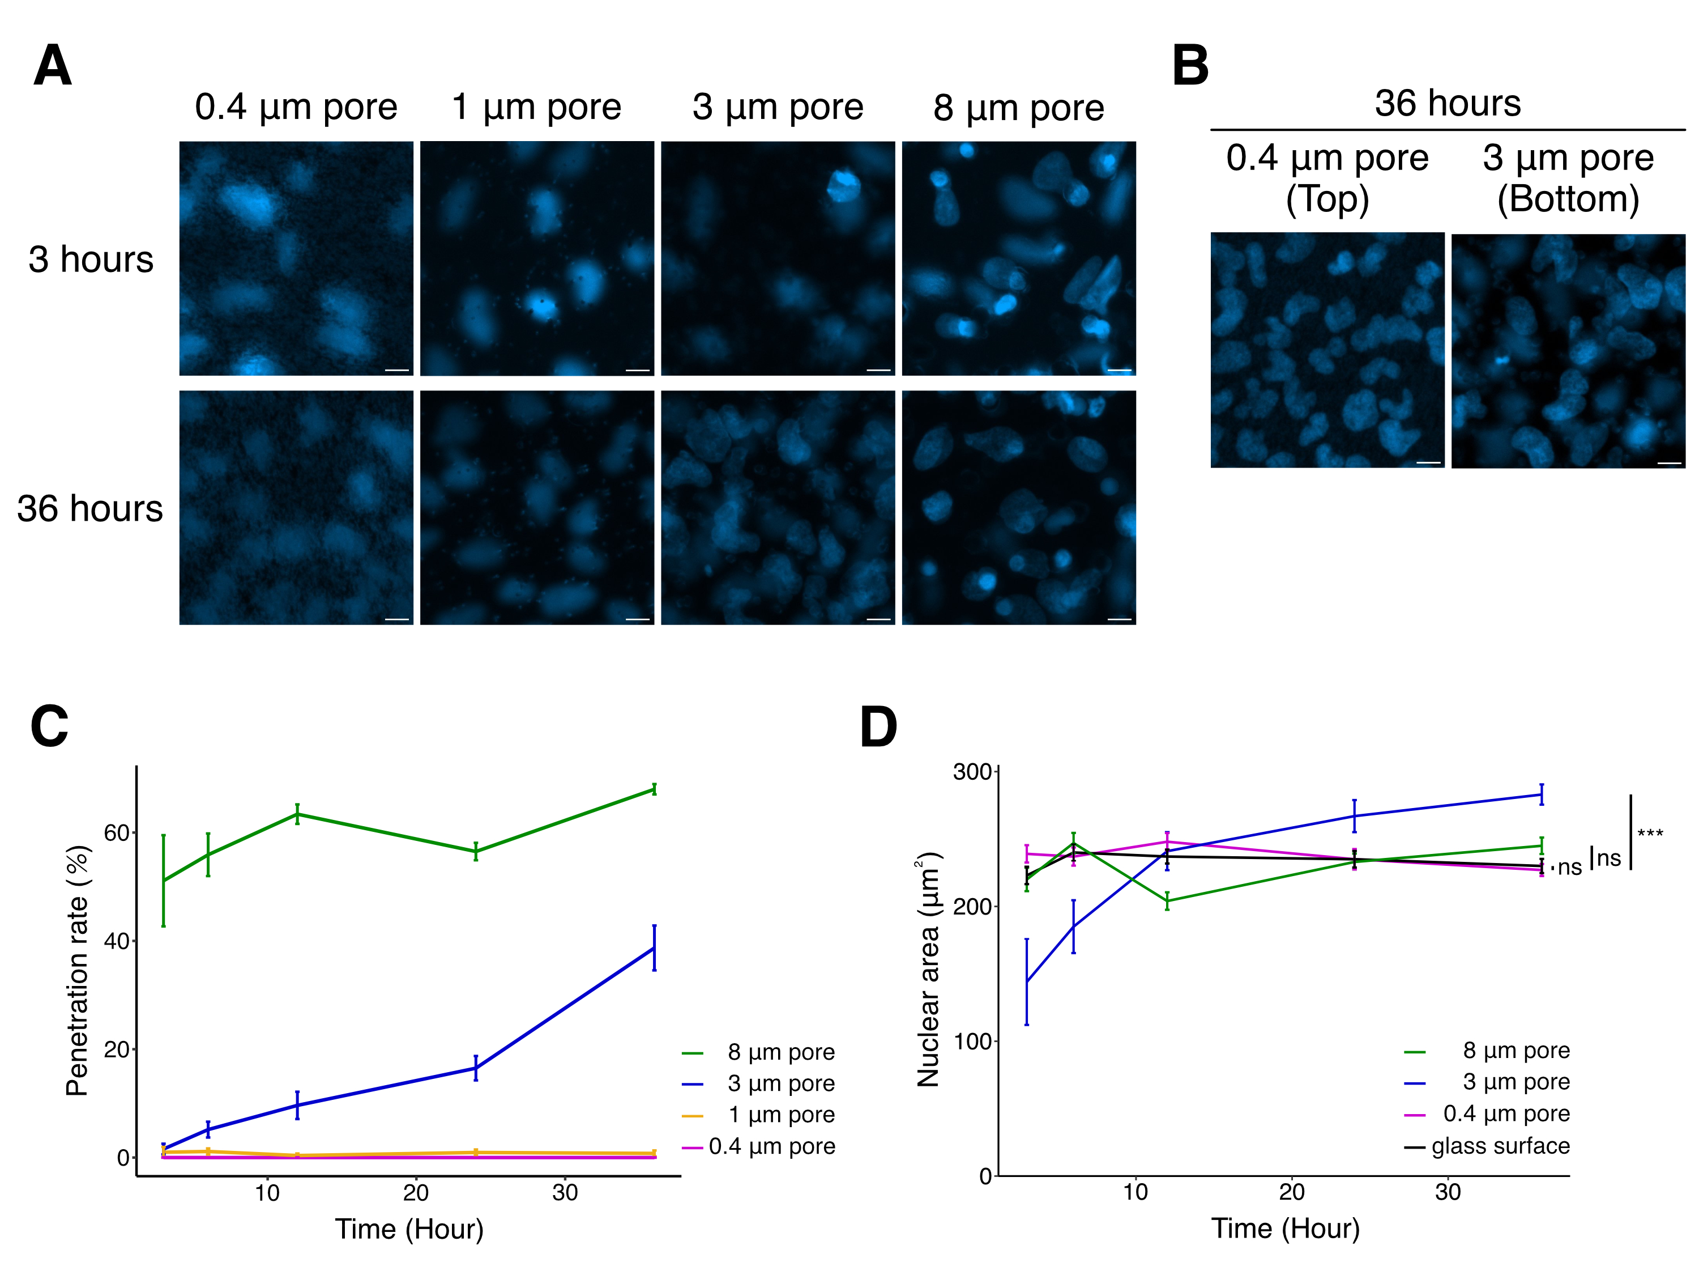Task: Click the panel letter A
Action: click(52, 66)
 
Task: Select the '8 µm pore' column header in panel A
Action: click(1018, 108)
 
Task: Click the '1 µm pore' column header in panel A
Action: click(536, 107)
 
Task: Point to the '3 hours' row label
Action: click(91, 260)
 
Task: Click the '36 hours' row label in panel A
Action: click(90, 509)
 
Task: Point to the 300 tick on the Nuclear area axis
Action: click(972, 772)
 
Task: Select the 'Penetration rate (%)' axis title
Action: click(78, 971)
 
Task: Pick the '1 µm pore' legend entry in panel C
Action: click(781, 1115)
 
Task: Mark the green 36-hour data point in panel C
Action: click(654, 789)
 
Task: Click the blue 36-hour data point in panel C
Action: click(654, 947)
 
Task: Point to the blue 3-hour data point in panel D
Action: click(1026, 981)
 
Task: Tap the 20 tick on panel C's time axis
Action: click(416, 1193)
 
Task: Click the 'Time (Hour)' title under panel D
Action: click(1285, 1228)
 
